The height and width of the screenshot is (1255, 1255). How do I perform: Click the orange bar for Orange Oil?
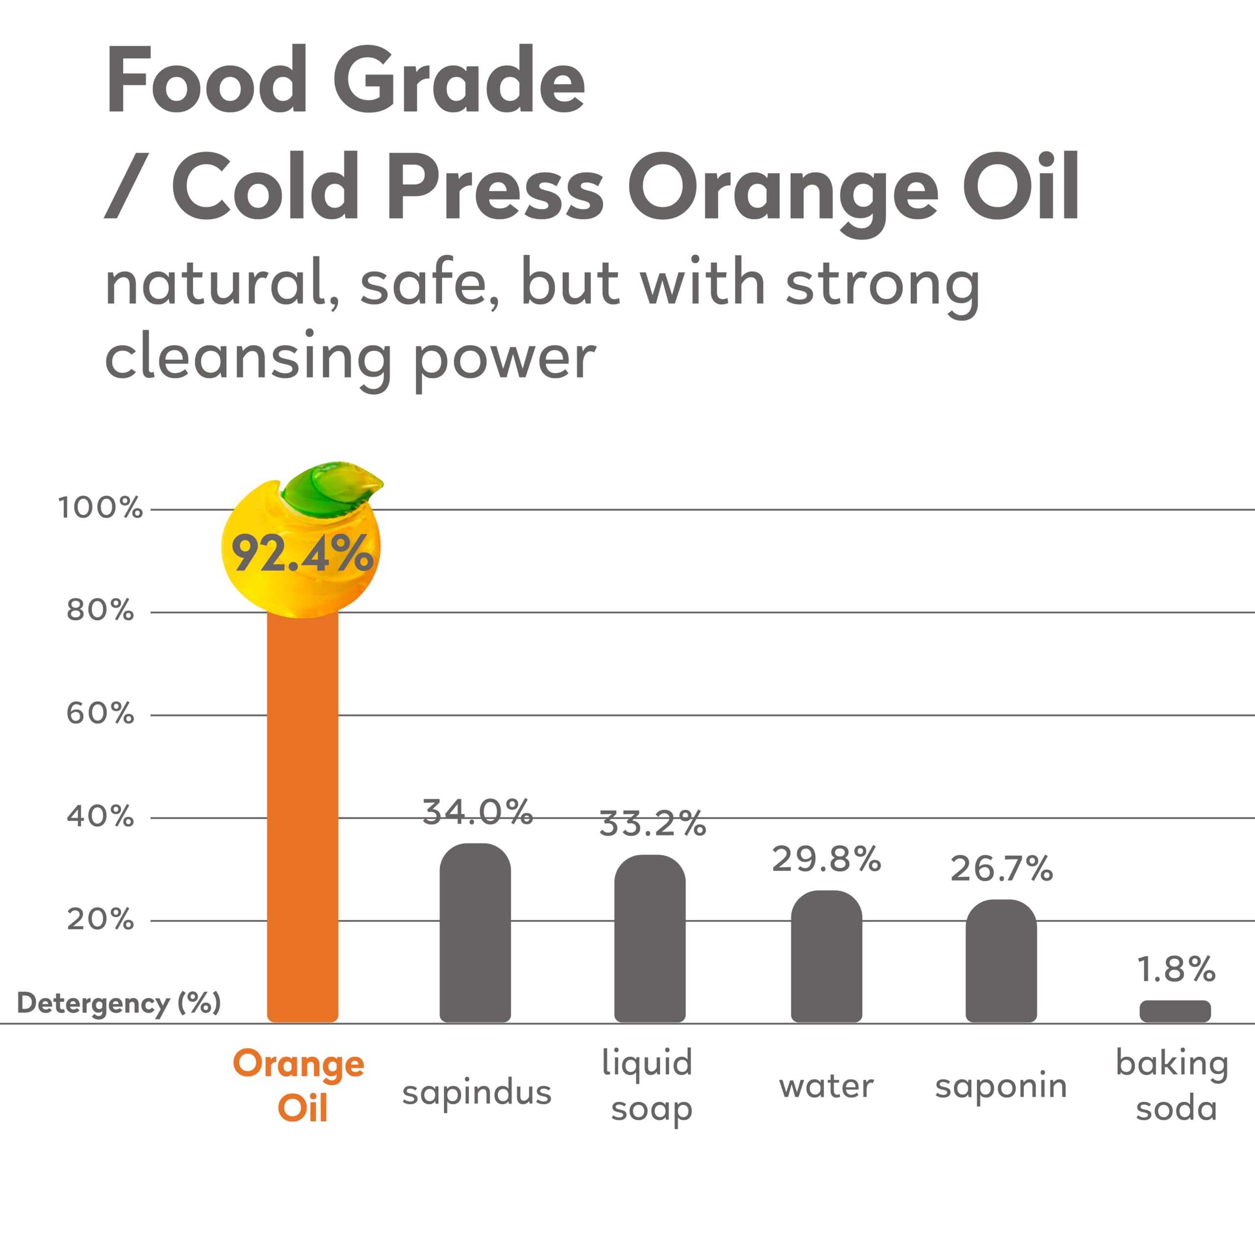pyautogui.click(x=302, y=812)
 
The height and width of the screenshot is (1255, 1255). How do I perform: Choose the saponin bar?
pyautogui.click(x=1001, y=961)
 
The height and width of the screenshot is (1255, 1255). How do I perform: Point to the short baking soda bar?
pyautogui.click(x=1175, y=1011)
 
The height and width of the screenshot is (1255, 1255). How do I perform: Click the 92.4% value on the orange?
pyautogui.click(x=302, y=553)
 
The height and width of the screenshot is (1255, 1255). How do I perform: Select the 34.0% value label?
pyautogui.click(x=477, y=812)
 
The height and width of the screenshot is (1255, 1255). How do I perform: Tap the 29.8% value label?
pyautogui.click(x=826, y=859)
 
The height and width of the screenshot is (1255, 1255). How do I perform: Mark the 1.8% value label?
pyautogui.click(x=1176, y=969)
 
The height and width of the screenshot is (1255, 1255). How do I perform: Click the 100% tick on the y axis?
pyautogui.click(x=100, y=507)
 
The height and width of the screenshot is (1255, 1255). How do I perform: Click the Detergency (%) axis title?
pyautogui.click(x=119, y=1003)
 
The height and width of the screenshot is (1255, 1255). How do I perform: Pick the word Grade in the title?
pyautogui.click(x=459, y=81)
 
